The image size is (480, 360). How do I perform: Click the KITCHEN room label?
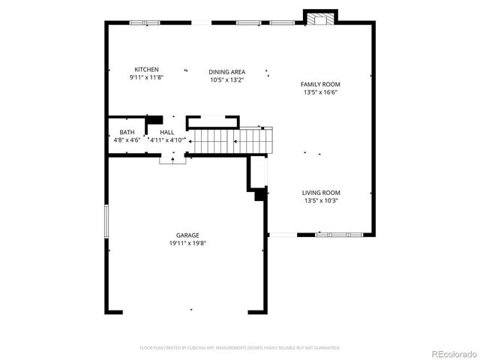[146, 70]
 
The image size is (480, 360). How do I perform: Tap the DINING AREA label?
[226, 72]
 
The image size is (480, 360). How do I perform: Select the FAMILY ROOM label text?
[320, 85]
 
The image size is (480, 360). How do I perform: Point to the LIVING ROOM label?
[321, 193]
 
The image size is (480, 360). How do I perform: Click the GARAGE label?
[187, 235]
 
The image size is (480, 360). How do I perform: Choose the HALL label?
[166, 132]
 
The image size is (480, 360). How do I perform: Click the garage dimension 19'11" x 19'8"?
[187, 243]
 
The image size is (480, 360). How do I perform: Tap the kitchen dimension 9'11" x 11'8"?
[146, 77]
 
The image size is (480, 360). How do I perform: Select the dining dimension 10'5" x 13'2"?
[226, 79]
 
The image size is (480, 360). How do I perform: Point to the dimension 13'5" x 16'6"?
[320, 93]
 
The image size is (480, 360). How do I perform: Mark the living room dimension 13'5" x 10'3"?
[321, 201]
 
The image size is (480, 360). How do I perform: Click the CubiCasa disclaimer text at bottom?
[240, 348]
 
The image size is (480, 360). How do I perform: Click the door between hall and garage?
[172, 158]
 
